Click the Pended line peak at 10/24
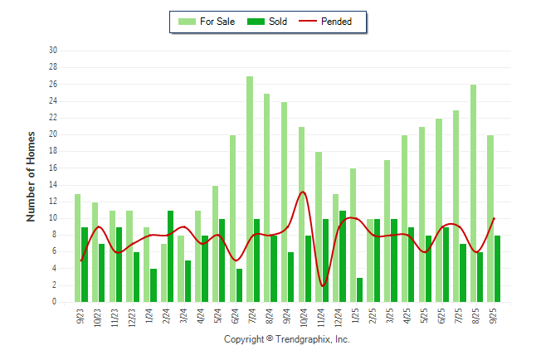303,192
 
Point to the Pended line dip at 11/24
323,286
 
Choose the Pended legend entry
332,22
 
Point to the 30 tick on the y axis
53,51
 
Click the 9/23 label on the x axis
80,316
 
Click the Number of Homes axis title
31,176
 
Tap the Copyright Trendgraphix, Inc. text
287,339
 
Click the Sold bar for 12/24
343,256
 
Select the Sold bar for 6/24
239,285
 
